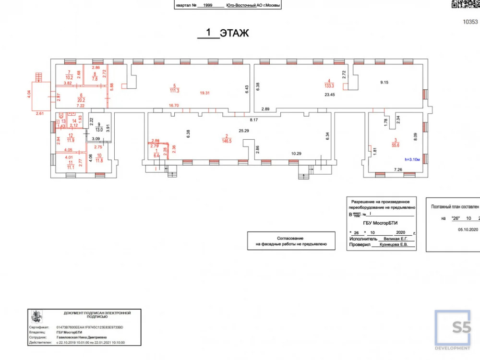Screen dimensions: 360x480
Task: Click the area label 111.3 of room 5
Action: click(x=175, y=91)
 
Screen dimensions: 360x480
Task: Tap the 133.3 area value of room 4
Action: click(x=329, y=86)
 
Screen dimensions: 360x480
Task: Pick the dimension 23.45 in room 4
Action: click(x=330, y=95)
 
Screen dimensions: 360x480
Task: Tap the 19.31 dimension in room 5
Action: click(x=205, y=93)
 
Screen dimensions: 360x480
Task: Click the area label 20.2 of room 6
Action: click(x=81, y=100)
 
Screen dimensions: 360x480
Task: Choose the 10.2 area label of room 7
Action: click(x=69, y=77)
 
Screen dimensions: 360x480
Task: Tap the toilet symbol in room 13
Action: click(x=61, y=116)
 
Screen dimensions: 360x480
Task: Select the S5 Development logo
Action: click(x=453, y=330)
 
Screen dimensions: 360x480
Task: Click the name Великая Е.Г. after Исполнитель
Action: click(x=393, y=238)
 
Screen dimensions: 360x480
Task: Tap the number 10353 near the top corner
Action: click(x=470, y=22)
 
